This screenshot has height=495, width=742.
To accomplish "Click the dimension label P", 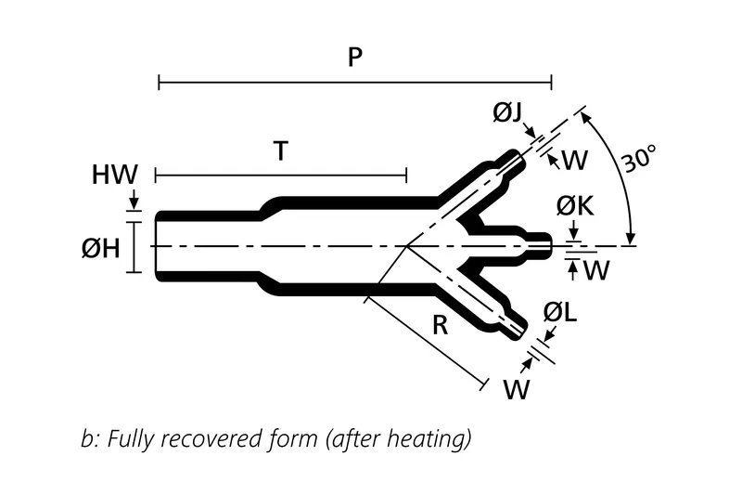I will (355, 58).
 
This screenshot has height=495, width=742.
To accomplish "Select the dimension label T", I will (280, 151).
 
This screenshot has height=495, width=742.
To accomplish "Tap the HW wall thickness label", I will (115, 174).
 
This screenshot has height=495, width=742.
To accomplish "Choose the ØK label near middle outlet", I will (574, 207).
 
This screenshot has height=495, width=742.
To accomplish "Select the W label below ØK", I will (597, 271).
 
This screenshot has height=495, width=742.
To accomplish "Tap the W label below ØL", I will (517, 389).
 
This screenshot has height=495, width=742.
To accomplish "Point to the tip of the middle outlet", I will (549, 245).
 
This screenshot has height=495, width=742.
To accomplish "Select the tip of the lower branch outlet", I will (522, 330).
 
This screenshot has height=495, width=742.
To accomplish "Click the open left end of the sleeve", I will (156, 245).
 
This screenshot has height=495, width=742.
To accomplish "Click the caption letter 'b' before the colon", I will (87, 438).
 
